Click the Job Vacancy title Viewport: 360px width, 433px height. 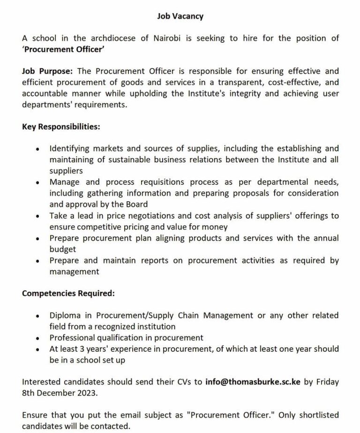[x=180, y=16]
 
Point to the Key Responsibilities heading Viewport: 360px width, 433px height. [x=60, y=127]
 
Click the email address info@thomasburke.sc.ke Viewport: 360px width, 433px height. [x=253, y=382]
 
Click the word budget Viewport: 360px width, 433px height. [x=62, y=249]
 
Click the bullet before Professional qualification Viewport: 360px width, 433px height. [x=37, y=338]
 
